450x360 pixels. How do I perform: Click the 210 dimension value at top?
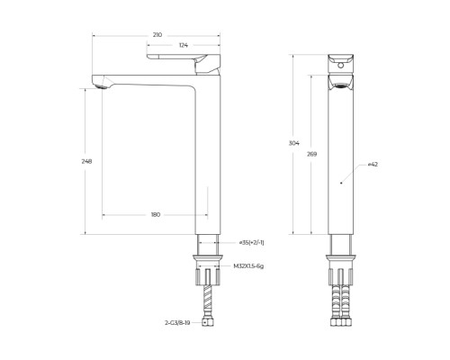(x=157, y=34)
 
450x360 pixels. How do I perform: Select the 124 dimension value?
(x=183, y=45)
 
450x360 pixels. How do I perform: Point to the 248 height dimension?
(x=86, y=161)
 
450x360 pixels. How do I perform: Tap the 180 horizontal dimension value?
(x=156, y=214)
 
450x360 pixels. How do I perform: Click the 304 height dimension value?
(x=293, y=143)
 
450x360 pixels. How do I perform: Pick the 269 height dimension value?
(x=311, y=155)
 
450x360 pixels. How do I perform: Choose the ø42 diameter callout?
(x=372, y=166)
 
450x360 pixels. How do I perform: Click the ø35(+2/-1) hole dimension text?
(x=251, y=242)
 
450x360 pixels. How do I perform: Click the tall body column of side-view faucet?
(x=206, y=162)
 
